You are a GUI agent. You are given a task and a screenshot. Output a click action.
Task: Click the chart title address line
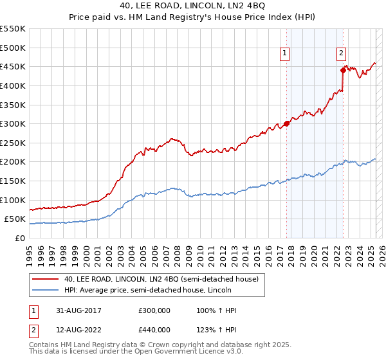tap(192, 6)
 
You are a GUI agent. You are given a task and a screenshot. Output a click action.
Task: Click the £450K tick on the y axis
tap(13, 66)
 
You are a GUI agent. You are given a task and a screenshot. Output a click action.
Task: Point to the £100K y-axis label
tap(13, 200)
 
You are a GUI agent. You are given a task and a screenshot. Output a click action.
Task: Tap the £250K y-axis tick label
tap(13, 143)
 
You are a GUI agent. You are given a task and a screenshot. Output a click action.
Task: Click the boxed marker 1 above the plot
tap(284, 54)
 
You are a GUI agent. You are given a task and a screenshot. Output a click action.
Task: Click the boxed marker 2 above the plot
tap(341, 54)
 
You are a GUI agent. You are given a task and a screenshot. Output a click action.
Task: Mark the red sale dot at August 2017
tap(287, 123)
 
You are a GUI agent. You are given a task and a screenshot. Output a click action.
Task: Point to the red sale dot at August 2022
tap(343, 70)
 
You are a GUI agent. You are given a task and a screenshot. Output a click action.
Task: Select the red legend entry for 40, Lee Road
tap(161, 279)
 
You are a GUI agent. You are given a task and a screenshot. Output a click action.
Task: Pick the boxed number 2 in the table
tap(33, 330)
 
